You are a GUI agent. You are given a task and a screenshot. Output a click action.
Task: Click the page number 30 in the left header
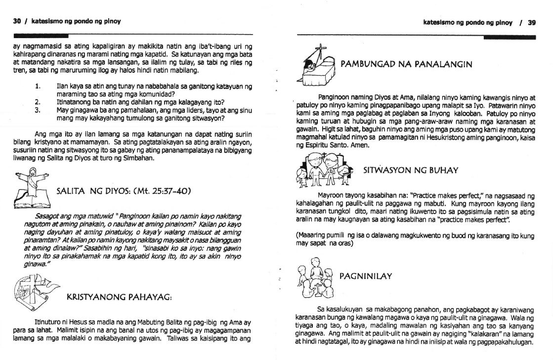(17, 22)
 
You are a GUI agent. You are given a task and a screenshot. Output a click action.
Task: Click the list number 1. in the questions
(38, 87)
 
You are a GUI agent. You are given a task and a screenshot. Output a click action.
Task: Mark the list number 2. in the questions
(38, 102)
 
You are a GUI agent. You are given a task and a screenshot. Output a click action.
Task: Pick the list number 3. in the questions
(38, 110)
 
